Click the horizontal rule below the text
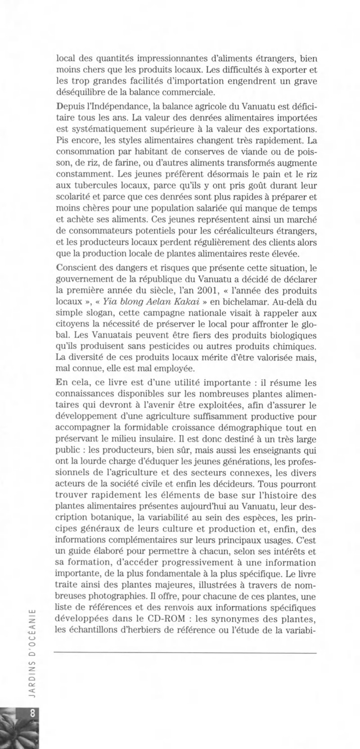click(x=185, y=652)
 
